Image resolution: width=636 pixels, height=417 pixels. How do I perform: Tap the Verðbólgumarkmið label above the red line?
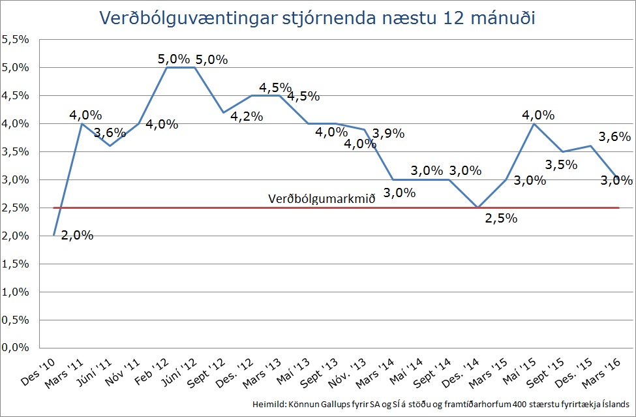point(322,198)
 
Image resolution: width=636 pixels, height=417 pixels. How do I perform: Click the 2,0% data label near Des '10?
point(77,235)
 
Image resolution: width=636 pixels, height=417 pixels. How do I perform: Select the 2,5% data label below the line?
point(502,218)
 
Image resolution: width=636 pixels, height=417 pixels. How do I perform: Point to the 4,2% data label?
point(247,117)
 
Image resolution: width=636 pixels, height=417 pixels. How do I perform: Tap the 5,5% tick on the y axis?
point(16,40)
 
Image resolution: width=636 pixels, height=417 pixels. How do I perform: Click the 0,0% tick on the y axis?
point(16,348)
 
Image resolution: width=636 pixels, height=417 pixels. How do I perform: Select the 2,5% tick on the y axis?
point(16,208)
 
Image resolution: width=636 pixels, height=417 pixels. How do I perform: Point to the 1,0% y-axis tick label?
point(16,292)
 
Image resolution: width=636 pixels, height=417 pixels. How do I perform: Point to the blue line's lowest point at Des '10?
point(54,236)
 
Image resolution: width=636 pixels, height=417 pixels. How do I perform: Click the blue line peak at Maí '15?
point(535,123)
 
